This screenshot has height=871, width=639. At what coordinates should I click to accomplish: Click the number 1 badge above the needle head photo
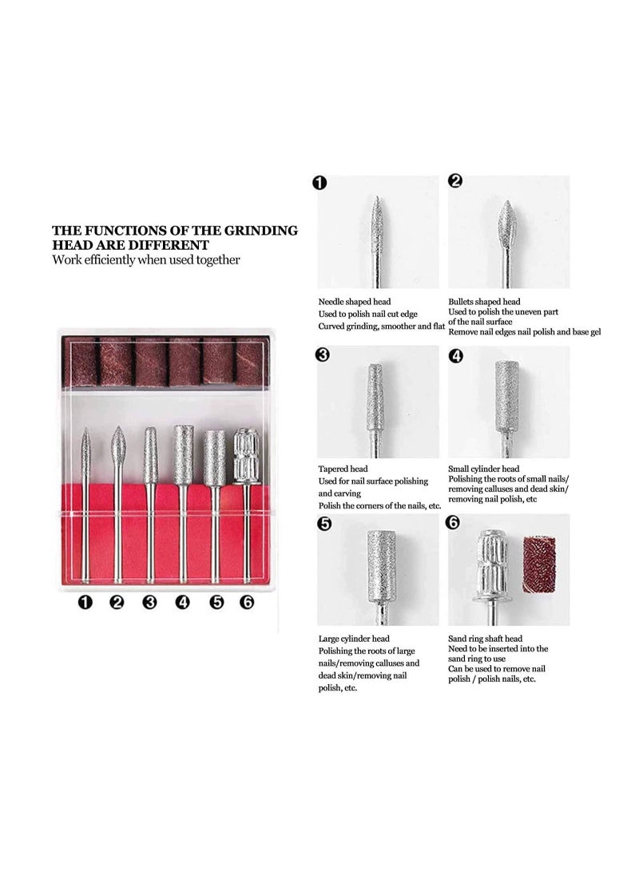(x=319, y=183)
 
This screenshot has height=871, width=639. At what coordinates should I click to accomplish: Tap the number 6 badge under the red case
(x=247, y=602)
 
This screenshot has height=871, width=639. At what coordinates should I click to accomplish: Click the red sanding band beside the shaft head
(x=538, y=564)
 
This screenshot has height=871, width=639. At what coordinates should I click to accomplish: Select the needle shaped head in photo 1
(x=377, y=220)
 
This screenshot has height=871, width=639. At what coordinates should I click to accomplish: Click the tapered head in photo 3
(x=376, y=398)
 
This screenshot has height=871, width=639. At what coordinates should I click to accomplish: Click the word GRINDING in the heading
(x=260, y=231)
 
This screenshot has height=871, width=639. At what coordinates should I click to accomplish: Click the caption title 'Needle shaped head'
(x=354, y=302)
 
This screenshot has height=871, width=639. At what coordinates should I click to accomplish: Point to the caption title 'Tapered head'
(x=343, y=469)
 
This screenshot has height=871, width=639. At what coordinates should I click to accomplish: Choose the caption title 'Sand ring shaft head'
(x=485, y=639)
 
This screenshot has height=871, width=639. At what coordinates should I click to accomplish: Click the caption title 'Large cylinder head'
(x=354, y=639)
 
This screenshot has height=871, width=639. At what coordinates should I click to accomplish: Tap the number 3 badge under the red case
(x=149, y=602)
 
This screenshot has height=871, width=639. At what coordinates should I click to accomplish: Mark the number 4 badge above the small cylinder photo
(x=455, y=356)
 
